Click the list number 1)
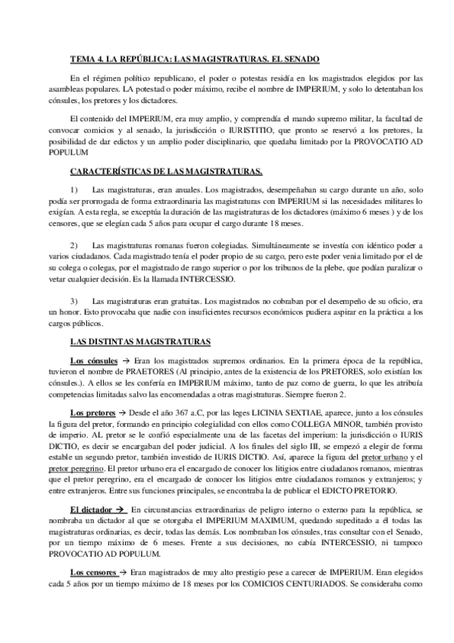(74, 189)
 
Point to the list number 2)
(74, 246)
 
